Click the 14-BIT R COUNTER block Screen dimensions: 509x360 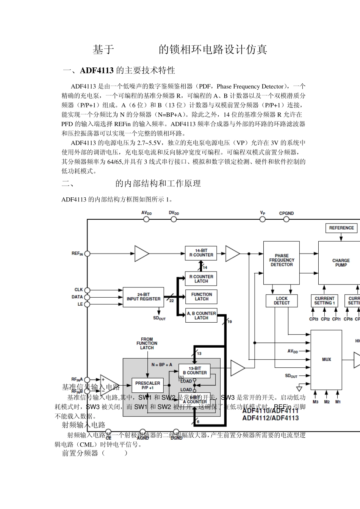click(201, 253)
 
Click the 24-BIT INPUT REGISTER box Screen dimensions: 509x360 click(143, 297)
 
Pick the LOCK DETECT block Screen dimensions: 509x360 click(282, 301)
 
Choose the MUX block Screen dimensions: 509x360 click(326, 359)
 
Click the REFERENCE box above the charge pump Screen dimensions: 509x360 click(341, 228)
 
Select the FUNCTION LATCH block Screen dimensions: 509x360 click(201, 297)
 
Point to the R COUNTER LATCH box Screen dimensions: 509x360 click(201, 279)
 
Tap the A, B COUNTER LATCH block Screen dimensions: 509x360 click(201, 315)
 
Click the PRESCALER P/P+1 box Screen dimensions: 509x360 click(147, 386)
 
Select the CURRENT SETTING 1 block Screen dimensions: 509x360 click(324, 301)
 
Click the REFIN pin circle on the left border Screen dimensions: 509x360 click(87, 254)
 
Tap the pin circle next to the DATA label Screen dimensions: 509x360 click(87, 297)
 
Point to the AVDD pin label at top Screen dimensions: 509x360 click(146, 213)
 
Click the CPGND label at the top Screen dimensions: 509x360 click(286, 213)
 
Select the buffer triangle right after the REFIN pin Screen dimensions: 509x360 click(141, 254)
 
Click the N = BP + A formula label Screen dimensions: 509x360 click(162, 365)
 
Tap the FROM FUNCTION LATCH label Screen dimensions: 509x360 click(147, 343)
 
